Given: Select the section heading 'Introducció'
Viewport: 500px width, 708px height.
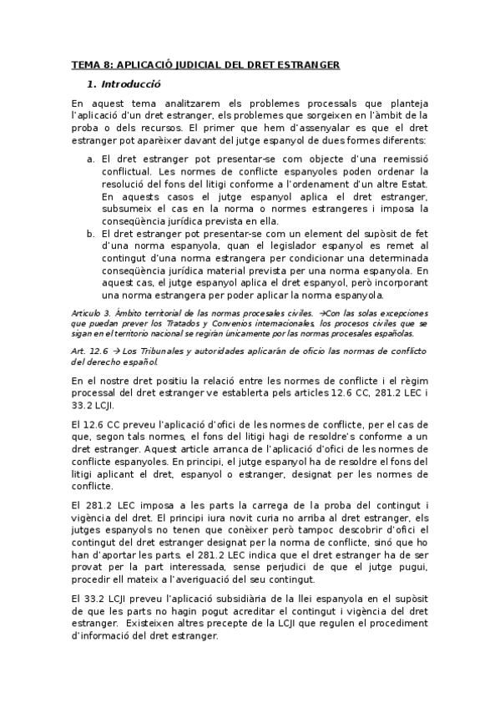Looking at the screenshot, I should coord(131,84).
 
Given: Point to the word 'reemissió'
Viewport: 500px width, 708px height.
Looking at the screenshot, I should coord(403,158).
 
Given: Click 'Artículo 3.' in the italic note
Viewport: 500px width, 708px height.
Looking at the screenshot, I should coord(93,312).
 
